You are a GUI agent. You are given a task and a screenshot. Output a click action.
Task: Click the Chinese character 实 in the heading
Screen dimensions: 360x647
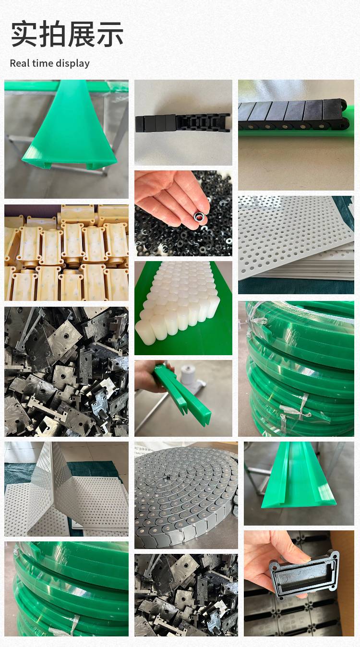[x=24, y=34]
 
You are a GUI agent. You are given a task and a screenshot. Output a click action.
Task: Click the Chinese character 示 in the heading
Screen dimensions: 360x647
[x=110, y=34]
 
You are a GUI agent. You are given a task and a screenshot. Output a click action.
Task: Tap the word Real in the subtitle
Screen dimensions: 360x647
[x=20, y=63]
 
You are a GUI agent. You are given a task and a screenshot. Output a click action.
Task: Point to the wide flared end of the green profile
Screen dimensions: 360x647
[x=69, y=157]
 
